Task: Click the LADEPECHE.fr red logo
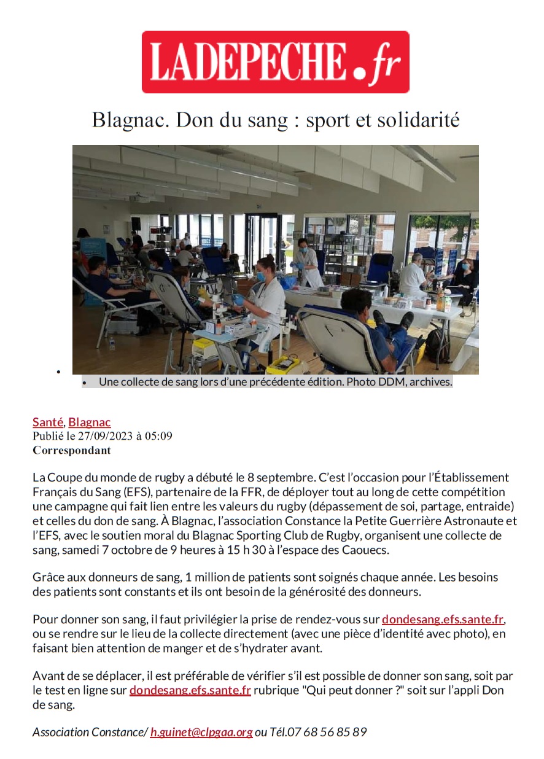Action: click(x=275, y=62)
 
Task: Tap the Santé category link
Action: click(x=47, y=422)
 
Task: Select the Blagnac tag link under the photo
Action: click(x=90, y=422)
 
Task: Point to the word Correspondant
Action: click(x=71, y=450)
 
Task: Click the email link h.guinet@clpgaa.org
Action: click(x=201, y=732)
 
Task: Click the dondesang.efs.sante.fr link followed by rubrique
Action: click(x=190, y=691)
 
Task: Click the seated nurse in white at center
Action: click(x=266, y=301)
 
